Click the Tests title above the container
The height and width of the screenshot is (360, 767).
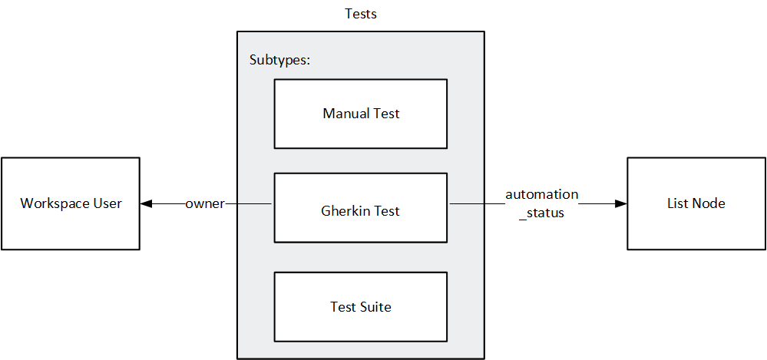(x=361, y=14)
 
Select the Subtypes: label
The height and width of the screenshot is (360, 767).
(x=279, y=61)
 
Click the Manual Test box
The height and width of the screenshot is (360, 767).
(x=361, y=114)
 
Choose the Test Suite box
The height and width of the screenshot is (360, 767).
(x=361, y=307)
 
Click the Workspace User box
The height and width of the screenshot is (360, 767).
(x=71, y=203)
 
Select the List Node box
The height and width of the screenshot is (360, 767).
(x=696, y=203)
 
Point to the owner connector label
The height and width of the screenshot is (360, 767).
(x=205, y=203)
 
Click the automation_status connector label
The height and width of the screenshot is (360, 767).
(x=541, y=203)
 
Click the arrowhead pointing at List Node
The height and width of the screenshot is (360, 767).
(x=620, y=203)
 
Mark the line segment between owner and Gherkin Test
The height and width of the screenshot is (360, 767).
(x=250, y=203)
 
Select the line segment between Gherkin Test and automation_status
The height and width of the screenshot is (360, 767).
(x=476, y=203)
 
